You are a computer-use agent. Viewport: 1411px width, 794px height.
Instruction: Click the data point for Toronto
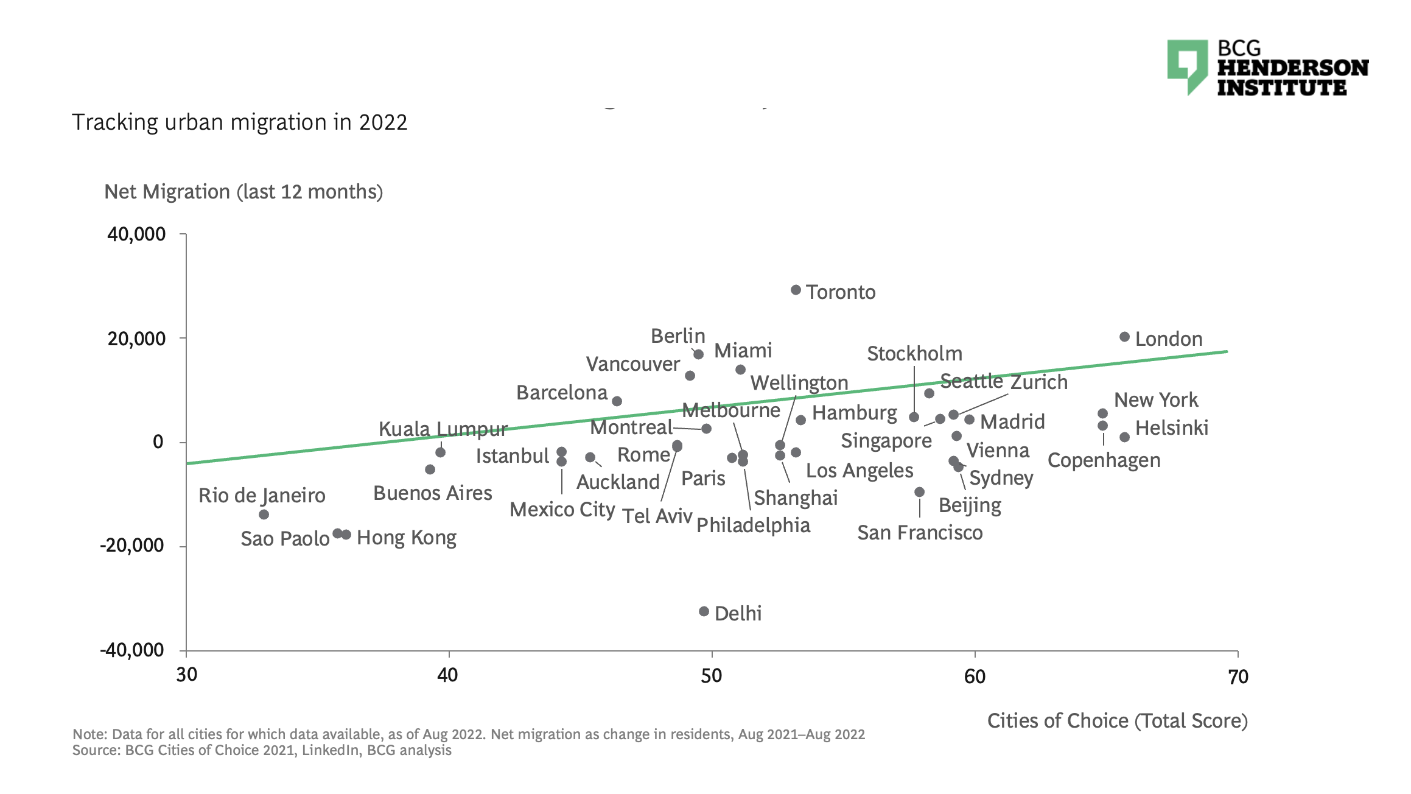pos(796,290)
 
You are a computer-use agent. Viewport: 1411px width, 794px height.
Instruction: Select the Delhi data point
pos(704,611)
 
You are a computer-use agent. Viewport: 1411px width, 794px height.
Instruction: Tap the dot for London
pos(1124,337)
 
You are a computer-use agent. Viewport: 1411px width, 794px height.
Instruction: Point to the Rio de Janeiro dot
pos(264,515)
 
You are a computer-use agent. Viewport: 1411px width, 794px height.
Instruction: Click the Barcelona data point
pos(617,401)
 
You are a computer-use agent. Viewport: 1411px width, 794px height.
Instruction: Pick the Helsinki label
pos(1171,428)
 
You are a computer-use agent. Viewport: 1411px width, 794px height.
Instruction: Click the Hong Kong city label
pos(406,538)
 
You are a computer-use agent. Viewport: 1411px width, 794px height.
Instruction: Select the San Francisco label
pos(919,533)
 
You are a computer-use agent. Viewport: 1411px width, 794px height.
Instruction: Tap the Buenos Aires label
pos(432,493)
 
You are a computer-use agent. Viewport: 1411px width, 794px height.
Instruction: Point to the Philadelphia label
pos(753,525)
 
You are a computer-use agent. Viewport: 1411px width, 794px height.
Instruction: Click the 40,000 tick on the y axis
pos(136,234)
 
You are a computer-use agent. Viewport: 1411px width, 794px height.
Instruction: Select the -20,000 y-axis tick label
pos(132,546)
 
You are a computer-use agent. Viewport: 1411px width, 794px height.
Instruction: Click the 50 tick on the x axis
pos(711,676)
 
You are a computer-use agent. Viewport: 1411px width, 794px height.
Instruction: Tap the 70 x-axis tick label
pos(1238,676)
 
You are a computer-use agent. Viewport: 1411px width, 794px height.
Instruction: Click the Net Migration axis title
pos(243,192)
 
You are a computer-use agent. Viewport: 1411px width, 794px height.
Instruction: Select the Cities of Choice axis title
pos(1117,721)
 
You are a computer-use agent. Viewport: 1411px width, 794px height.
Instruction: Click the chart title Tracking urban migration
pos(239,122)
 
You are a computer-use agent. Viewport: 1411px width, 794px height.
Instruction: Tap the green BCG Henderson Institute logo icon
pos(1186,66)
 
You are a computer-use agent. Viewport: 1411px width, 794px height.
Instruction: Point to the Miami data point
pos(740,370)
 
